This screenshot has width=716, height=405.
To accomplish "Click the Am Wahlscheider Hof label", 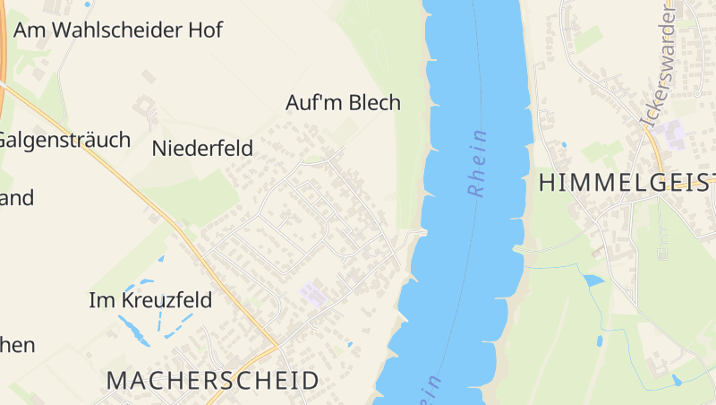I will click(x=118, y=30).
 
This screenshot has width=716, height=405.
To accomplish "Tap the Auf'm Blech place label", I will click(x=343, y=103).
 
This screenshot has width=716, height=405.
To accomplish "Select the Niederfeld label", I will click(x=202, y=148).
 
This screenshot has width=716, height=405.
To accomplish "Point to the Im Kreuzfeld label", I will click(x=150, y=300).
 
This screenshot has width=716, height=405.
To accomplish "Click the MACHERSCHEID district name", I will click(x=212, y=380).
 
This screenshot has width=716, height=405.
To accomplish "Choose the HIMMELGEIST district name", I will click(x=626, y=183).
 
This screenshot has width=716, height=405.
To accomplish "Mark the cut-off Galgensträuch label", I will click(x=64, y=140).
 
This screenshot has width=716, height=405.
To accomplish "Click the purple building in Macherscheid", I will click(x=313, y=292).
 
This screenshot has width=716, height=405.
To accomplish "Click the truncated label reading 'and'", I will click(x=17, y=198).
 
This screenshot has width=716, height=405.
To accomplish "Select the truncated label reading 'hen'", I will click(x=18, y=345).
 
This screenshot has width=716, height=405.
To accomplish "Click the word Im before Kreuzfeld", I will click(x=98, y=300).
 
